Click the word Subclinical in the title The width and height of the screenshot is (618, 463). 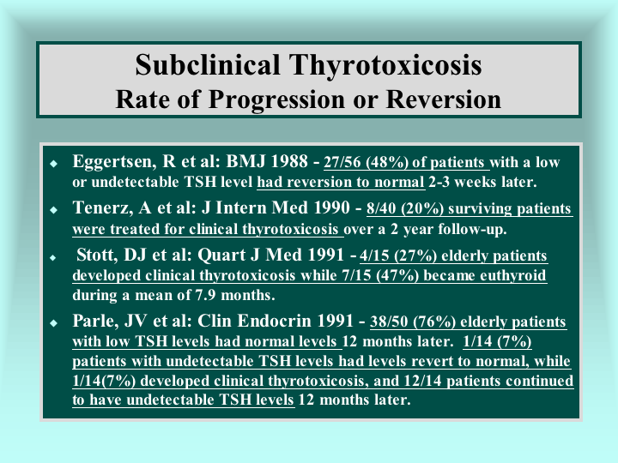pyautogui.click(x=208, y=64)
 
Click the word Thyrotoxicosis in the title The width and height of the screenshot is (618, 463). pyautogui.click(x=385, y=65)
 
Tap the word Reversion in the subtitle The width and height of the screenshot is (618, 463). pyautogui.click(x=444, y=99)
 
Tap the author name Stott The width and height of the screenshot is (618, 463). pyautogui.click(x=97, y=255)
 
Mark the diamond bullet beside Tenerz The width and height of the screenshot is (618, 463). pyautogui.click(x=54, y=210)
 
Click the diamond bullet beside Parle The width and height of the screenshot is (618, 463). pyautogui.click(x=54, y=323)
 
